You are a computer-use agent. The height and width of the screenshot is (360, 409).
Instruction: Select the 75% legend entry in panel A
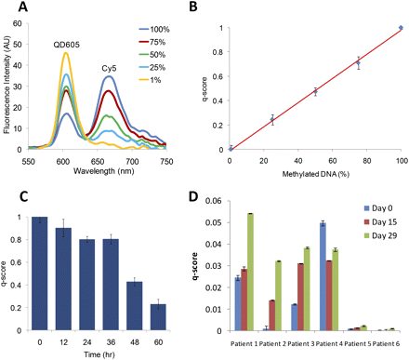tap(169, 41)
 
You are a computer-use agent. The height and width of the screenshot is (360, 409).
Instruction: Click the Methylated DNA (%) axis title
tap(316, 165)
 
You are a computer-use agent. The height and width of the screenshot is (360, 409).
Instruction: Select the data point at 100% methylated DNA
tap(401, 28)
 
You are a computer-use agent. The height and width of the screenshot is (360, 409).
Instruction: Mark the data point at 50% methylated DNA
tap(315, 91)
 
